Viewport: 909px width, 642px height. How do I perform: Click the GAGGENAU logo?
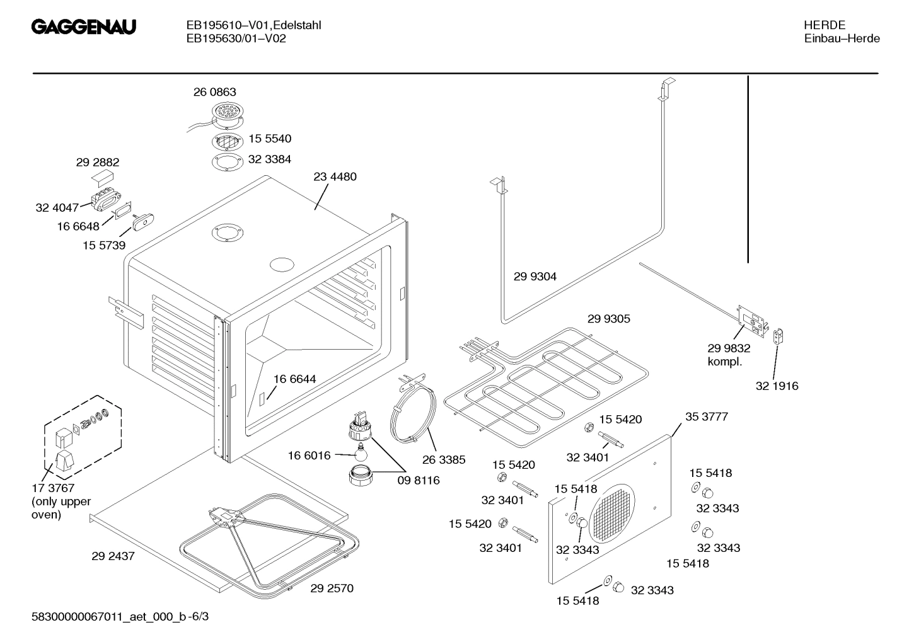pos(84,28)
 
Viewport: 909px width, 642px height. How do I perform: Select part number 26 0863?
pos(214,92)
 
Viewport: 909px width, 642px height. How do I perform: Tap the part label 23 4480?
pos(335,176)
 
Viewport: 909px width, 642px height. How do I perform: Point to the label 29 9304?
pos(535,277)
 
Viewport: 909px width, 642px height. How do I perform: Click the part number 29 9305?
pos(608,319)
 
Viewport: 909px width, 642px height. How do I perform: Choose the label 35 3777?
pos(706,417)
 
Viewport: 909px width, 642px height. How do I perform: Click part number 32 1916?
pos(777,386)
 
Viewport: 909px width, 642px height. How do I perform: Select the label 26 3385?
pos(444,460)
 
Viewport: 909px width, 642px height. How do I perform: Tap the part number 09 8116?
pos(418,480)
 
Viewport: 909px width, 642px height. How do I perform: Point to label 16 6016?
pos(309,456)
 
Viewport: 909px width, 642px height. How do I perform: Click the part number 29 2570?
pos(332,588)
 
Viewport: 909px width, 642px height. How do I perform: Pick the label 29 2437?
pos(113,556)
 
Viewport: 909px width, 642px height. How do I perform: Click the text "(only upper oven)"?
pos(61,508)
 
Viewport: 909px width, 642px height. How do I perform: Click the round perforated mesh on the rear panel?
pos(612,514)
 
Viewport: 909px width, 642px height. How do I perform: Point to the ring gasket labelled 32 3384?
pos(226,161)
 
